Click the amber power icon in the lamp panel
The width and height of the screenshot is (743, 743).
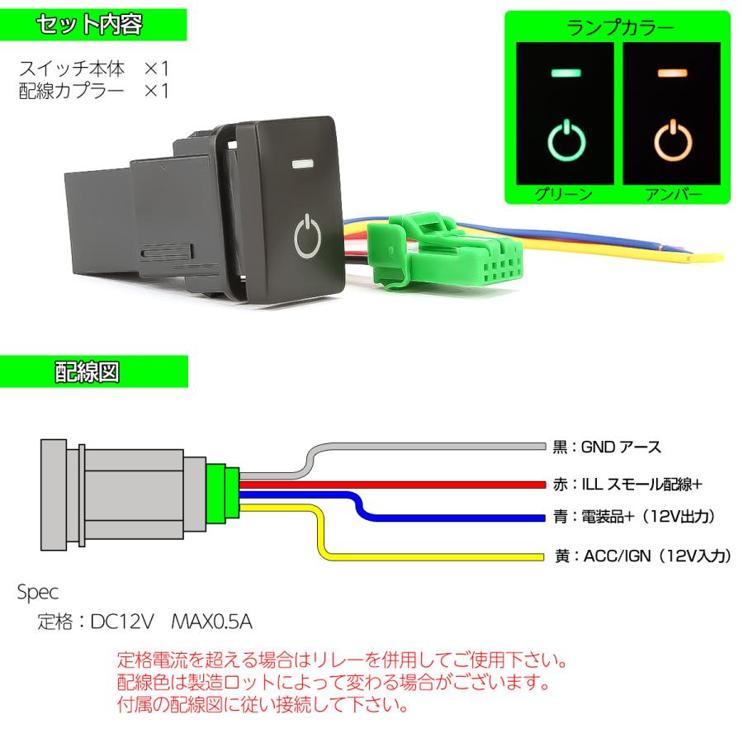tap(675, 140)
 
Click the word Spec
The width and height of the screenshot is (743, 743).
tap(37, 592)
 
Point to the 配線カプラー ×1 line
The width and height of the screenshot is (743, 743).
tap(94, 90)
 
